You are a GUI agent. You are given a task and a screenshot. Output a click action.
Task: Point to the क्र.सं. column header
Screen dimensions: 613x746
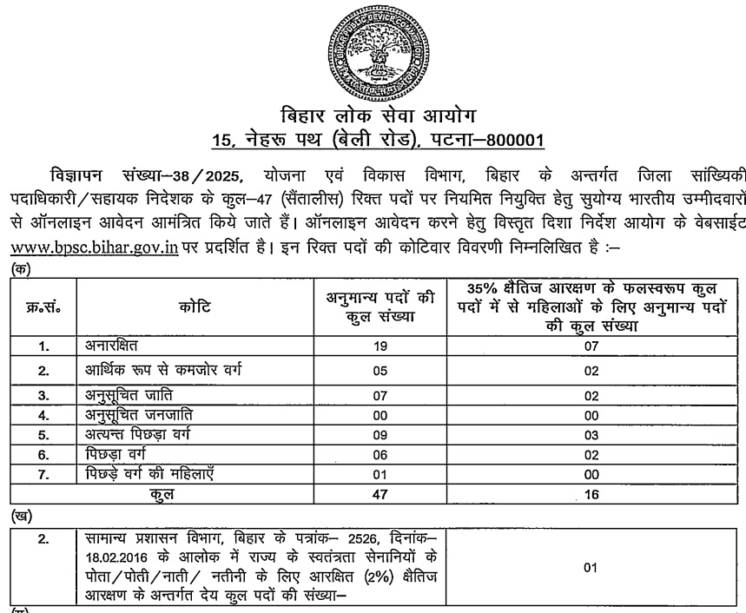(x=43, y=306)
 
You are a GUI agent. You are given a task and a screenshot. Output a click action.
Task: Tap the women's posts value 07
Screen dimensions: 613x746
(x=591, y=346)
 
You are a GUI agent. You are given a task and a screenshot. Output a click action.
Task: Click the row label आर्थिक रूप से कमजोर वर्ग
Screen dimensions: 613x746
(x=162, y=371)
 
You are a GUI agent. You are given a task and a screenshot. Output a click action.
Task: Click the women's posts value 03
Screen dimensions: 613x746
(x=591, y=433)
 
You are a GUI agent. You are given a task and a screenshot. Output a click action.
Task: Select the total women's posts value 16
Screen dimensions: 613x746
(x=591, y=494)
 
